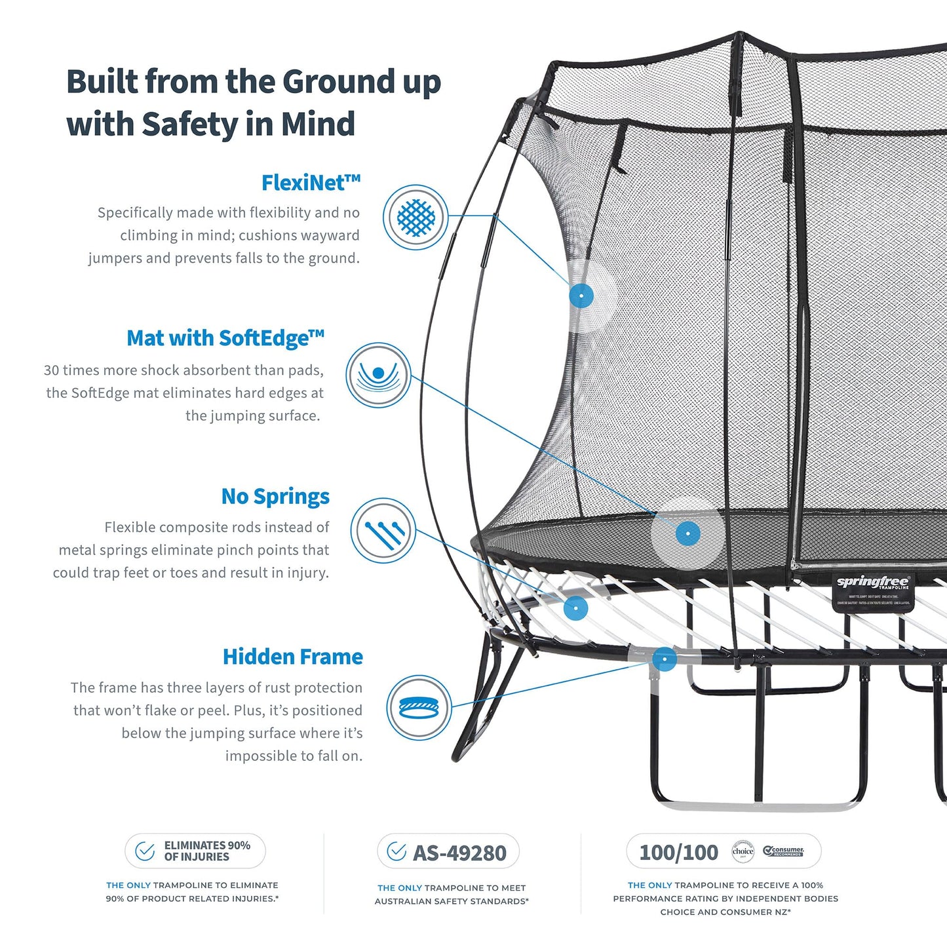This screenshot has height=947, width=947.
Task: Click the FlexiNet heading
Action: pyautogui.click(x=311, y=183)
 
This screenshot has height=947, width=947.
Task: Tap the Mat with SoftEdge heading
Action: pyautogui.click(x=225, y=338)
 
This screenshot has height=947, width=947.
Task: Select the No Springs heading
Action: pyautogui.click(x=275, y=497)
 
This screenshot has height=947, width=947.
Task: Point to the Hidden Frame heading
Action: pyautogui.click(x=292, y=657)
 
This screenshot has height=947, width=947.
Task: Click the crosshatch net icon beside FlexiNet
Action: pyautogui.click(x=416, y=217)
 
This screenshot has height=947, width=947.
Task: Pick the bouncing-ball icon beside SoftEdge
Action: pyautogui.click(x=378, y=375)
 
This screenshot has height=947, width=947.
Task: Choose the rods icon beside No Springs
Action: pyautogui.click(x=383, y=531)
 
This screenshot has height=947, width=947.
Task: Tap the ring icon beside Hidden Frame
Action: pyautogui.click(x=419, y=708)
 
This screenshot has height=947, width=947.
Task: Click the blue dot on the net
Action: pyautogui.click(x=581, y=296)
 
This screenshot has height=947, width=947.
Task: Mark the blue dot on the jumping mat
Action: pyautogui.click(x=687, y=533)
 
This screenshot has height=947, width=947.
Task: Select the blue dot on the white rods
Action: pyautogui.click(x=575, y=608)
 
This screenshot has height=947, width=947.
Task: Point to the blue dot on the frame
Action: pyautogui.click(x=665, y=659)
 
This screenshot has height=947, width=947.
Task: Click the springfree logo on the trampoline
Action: pyautogui.click(x=872, y=582)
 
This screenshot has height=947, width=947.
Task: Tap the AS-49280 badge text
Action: pyautogui.click(x=459, y=853)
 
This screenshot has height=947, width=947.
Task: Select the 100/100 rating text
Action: pyautogui.click(x=678, y=852)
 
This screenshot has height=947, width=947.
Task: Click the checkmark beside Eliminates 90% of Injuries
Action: pyautogui.click(x=145, y=851)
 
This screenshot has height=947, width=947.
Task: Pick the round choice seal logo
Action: pyautogui.click(x=743, y=851)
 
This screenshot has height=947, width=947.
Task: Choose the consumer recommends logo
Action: pyautogui.click(x=784, y=851)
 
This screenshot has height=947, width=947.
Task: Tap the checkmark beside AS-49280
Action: pyautogui.click(x=396, y=851)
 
